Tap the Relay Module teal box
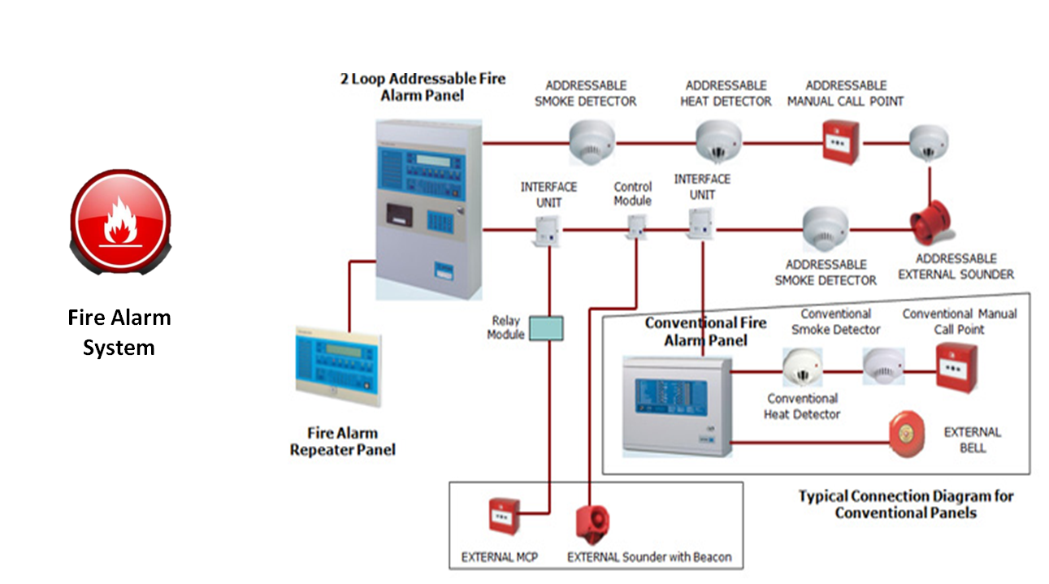[x=545, y=327]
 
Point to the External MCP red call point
[x=503, y=515]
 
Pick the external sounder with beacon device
[x=592, y=523]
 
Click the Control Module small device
[x=637, y=227]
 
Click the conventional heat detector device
[x=803, y=367]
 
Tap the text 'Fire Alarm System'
[x=119, y=332]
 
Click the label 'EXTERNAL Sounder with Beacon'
[x=648, y=557]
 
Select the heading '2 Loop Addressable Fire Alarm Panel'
[x=422, y=87]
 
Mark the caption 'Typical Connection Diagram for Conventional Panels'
[x=905, y=504]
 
